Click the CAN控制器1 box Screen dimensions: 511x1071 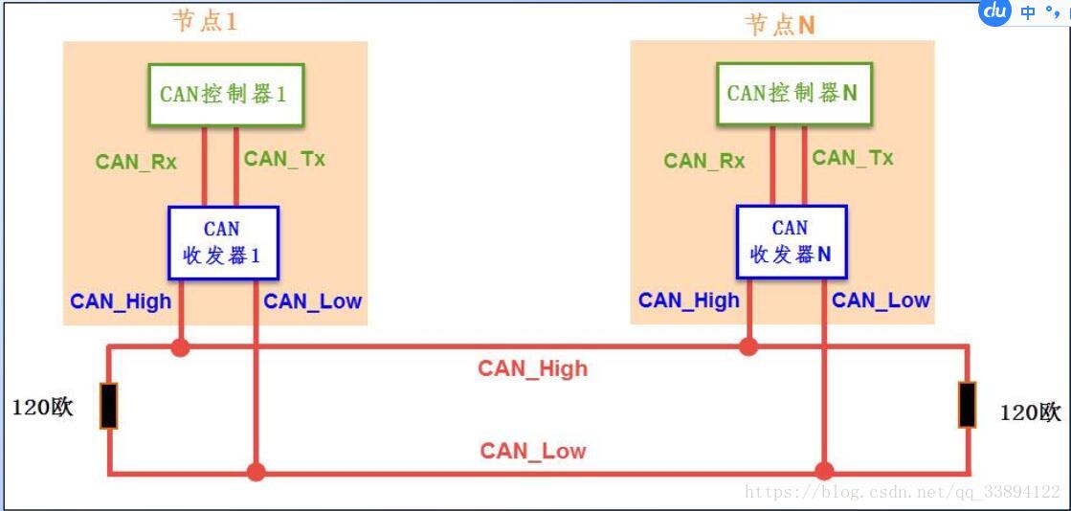point(224,94)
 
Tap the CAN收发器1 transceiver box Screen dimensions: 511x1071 point(222,242)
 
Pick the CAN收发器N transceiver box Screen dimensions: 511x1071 point(791,242)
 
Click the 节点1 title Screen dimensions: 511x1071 point(204,22)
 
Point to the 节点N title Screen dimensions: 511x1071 point(780,25)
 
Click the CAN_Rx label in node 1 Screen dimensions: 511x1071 point(136,162)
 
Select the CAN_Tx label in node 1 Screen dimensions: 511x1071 point(284,159)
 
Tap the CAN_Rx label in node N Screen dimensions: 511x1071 point(704,161)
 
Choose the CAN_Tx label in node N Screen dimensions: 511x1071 point(853,158)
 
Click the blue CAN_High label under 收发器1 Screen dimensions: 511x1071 point(121,301)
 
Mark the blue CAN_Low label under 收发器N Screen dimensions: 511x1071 point(881,300)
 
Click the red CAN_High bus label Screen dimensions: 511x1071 point(533,367)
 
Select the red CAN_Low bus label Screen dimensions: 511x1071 point(533,451)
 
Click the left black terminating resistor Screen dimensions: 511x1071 point(109,406)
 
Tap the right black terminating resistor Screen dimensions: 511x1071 point(968,405)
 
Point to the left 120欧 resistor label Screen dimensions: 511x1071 point(42,408)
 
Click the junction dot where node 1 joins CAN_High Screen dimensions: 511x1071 point(179,346)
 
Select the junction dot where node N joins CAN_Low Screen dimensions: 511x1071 point(823,471)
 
